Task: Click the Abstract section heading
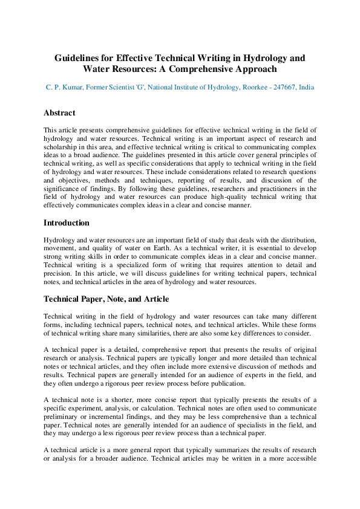59,113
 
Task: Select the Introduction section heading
67,223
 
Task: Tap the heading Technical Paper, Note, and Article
106,299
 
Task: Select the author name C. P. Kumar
64,88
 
